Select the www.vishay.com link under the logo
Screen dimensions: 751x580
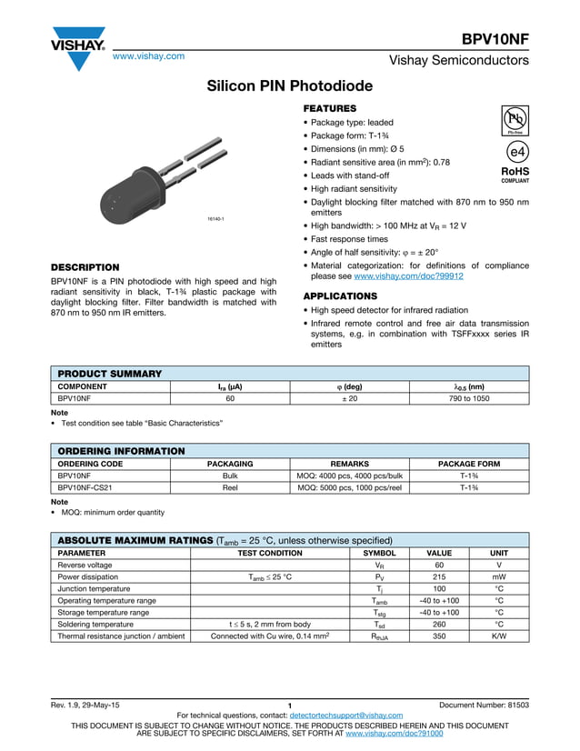click(148, 55)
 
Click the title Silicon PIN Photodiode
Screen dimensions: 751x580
click(290, 86)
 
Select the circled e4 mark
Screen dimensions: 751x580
click(516, 151)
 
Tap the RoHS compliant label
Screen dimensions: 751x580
click(515, 174)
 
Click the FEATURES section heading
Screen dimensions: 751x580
click(329, 108)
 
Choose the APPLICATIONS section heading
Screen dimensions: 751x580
click(339, 296)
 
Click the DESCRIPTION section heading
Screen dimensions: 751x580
click(85, 267)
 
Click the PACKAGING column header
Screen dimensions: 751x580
click(230, 464)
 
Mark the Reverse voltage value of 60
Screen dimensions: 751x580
click(438, 565)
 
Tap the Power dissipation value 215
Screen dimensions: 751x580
click(438, 576)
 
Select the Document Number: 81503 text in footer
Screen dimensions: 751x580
click(484, 706)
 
